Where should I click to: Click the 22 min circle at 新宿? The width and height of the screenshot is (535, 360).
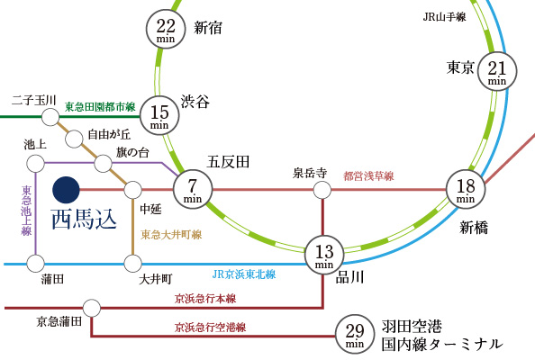(166, 29)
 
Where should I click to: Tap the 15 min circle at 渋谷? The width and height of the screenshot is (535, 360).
(159, 115)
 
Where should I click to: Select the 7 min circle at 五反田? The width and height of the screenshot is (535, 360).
(193, 189)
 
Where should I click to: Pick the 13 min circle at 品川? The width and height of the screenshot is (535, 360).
(324, 255)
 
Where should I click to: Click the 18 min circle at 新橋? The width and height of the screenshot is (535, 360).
(466, 190)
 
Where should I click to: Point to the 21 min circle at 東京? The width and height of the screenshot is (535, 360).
(497, 71)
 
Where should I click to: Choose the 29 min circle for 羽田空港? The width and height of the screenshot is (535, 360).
(355, 334)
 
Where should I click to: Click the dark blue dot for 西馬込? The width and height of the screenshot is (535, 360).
(66, 190)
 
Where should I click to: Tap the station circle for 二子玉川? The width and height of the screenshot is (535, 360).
(50, 117)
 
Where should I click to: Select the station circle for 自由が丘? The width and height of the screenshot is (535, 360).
(74, 139)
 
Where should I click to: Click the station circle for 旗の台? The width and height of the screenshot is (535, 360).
(103, 163)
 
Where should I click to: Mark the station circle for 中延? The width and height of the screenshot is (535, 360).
(132, 190)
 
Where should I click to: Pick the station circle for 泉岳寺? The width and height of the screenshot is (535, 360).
(322, 190)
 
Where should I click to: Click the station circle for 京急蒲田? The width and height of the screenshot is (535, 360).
(92, 308)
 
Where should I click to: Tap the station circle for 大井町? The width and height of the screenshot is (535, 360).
(132, 264)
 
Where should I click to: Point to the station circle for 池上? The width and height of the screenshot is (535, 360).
(35, 163)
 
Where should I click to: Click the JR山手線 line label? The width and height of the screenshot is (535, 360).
(444, 17)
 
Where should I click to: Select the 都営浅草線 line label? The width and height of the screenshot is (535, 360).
(368, 175)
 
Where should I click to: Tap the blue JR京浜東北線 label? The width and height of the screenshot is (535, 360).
(244, 274)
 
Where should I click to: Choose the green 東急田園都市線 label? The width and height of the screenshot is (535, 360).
(100, 107)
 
